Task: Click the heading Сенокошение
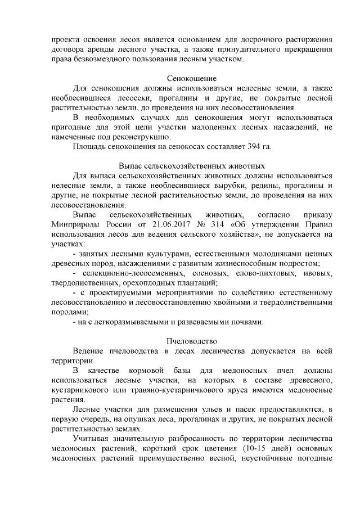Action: point(192,78)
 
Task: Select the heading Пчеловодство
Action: point(192,341)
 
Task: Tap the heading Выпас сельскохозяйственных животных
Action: point(192,166)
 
